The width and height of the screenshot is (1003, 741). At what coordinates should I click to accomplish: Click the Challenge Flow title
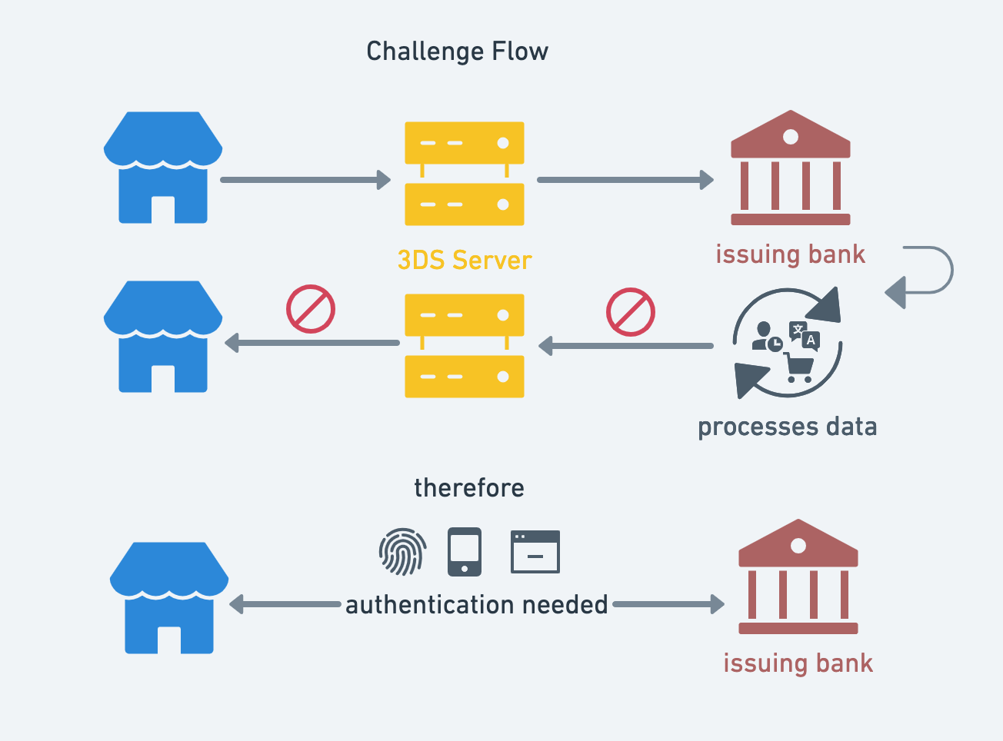click(x=457, y=52)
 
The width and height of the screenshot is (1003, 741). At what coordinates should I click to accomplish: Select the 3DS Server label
click(x=464, y=260)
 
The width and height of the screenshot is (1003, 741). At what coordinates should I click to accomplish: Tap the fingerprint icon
click(x=402, y=552)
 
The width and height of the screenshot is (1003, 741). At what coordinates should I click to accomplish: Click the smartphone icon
click(x=465, y=552)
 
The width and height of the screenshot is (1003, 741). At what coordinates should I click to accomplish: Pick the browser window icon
click(x=535, y=552)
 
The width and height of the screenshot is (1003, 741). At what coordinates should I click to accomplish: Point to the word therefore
click(x=468, y=488)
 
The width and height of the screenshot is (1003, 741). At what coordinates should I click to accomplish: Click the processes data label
click(x=787, y=427)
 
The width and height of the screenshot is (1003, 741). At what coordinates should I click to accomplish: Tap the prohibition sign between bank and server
click(x=630, y=312)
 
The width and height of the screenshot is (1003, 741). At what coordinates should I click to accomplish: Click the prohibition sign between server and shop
click(x=311, y=310)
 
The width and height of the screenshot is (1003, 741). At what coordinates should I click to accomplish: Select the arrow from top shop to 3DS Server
click(x=305, y=180)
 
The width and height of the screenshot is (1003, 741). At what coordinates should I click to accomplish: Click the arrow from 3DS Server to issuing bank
click(x=625, y=180)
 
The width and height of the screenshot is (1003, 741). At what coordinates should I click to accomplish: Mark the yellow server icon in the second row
click(x=464, y=346)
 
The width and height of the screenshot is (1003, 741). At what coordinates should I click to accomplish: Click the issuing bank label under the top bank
click(x=790, y=254)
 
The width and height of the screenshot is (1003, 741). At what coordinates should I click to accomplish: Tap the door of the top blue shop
click(x=163, y=209)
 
